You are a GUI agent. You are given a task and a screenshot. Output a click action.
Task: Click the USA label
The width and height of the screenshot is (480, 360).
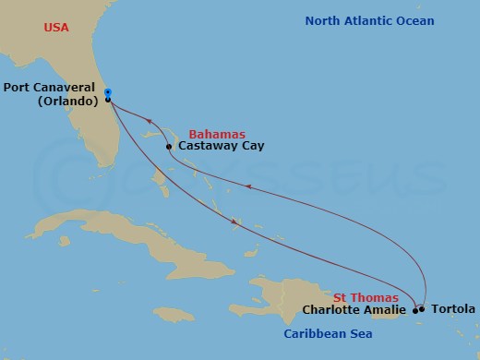click(x=57, y=29)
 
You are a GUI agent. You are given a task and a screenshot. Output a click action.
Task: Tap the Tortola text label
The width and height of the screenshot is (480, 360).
click(x=452, y=309)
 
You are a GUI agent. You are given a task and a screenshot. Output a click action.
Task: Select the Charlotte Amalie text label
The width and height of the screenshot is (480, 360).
click(x=354, y=309)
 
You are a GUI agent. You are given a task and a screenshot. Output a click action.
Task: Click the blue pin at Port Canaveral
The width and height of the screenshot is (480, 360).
click(x=108, y=93)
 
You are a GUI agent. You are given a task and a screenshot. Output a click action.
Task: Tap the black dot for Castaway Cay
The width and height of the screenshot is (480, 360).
click(x=170, y=146)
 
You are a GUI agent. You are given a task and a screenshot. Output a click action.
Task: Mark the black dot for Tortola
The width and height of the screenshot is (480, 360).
click(x=422, y=309)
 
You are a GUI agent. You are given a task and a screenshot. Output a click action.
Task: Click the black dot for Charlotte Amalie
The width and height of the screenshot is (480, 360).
click(x=414, y=310)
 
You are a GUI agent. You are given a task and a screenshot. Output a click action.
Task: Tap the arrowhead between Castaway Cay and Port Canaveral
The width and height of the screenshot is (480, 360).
click(x=150, y=119)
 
